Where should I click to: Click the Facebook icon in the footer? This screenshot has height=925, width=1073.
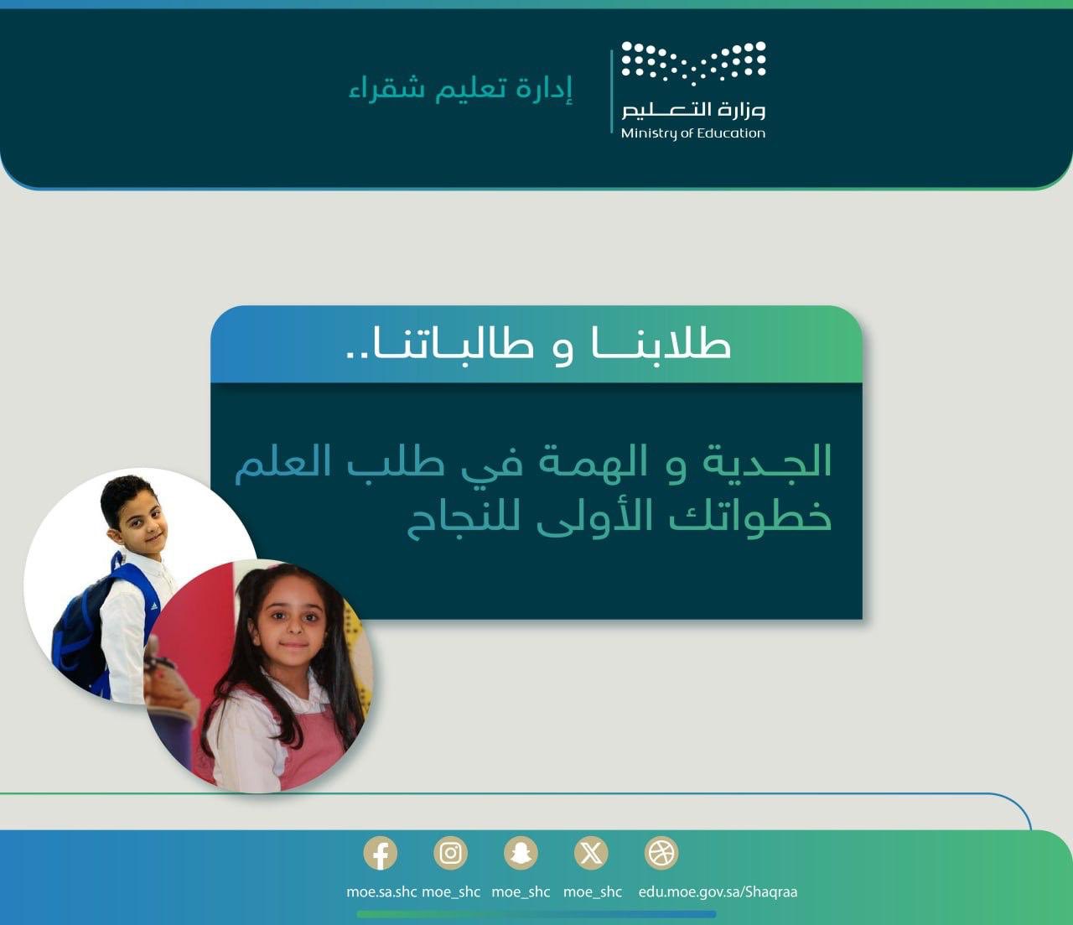click(x=380, y=854)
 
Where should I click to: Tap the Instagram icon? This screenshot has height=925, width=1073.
click(x=450, y=854)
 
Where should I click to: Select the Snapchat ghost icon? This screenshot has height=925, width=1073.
click(x=521, y=854)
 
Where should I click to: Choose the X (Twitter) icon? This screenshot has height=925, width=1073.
click(x=591, y=854)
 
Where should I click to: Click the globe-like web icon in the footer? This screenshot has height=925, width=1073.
click(x=661, y=854)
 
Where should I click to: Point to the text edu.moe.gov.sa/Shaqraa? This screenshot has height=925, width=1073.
click(x=718, y=891)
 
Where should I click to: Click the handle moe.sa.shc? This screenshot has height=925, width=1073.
click(x=381, y=891)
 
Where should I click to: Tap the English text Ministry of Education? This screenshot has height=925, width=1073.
click(x=693, y=133)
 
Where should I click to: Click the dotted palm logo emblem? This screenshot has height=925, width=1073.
click(x=693, y=63)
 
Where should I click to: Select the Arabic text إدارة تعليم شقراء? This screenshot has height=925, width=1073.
click(x=460, y=89)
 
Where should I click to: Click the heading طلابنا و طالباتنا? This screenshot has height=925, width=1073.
click(x=537, y=345)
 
